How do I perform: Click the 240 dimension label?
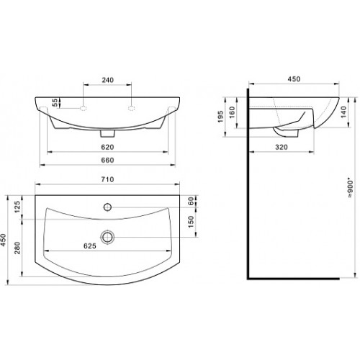[107, 80]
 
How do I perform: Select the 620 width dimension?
[107, 147]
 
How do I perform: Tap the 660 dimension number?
[107, 160]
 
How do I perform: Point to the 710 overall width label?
[107, 179]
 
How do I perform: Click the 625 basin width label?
[90, 246]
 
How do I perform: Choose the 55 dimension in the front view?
[55, 103]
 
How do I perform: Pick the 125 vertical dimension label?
[17, 207]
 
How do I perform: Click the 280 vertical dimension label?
[17, 248]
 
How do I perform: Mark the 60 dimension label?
[191, 201]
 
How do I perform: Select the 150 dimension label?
[191, 222]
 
